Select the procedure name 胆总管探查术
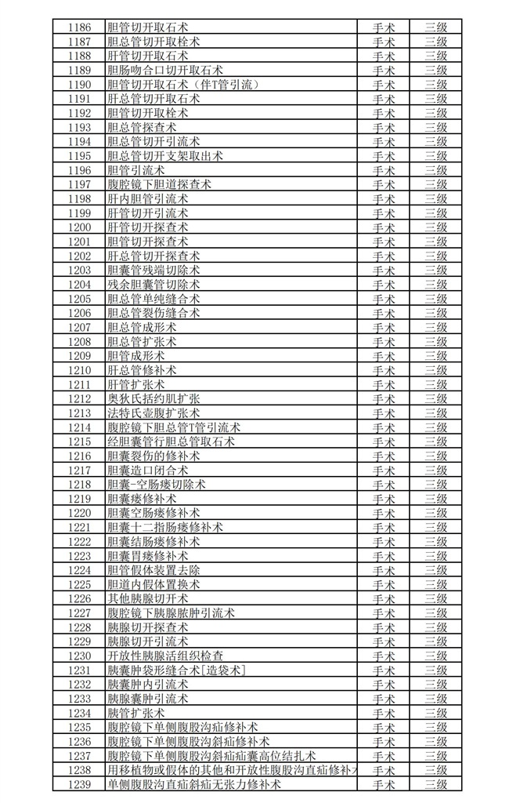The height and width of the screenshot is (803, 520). tap(142, 127)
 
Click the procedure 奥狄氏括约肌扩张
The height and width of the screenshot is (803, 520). tap(153, 398)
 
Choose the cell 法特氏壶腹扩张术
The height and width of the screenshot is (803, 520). tap(153, 412)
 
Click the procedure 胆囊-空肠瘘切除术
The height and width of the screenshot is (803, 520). tap(156, 484)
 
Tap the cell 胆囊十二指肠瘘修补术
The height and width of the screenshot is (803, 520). tap(164, 527)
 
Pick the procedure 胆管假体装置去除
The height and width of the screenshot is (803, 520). tap(153, 570)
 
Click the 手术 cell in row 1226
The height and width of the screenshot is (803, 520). tap(383, 598)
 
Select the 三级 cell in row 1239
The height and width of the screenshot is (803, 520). tap(435, 784)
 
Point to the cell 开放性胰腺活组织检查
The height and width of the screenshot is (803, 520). tap(165, 656)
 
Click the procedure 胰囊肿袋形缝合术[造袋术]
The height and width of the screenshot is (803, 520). tap(176, 670)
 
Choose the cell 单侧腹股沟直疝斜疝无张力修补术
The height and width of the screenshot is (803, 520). tap(193, 784)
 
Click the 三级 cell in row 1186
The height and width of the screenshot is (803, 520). tap(435, 27)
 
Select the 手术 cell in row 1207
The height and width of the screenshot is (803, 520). tap(383, 327)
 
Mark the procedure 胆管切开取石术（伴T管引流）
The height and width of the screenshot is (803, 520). tap(182, 85)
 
